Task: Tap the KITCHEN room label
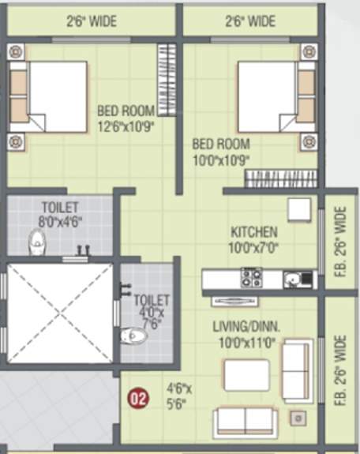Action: pyautogui.click(x=253, y=232)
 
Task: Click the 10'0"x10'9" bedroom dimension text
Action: pyautogui.click(x=222, y=159)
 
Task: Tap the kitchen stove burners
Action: pyautogui.click(x=252, y=278)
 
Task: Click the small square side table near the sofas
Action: pyautogui.click(x=298, y=418)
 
